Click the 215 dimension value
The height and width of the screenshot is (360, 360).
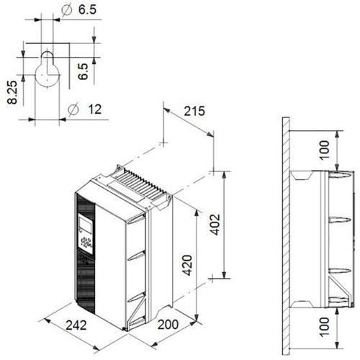click(194, 111)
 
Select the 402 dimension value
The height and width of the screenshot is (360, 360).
click(215, 225)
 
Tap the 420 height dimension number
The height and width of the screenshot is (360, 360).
click(187, 265)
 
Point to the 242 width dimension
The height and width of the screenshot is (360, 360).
click(76, 325)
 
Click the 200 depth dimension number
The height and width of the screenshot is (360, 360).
click(168, 325)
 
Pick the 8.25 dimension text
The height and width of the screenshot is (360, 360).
click(12, 92)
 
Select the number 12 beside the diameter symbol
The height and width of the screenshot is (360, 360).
click(95, 109)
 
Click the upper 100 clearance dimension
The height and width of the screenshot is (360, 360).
click(324, 150)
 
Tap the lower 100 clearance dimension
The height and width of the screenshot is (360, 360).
click(324, 327)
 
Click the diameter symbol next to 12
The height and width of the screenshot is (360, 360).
click(73, 109)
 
